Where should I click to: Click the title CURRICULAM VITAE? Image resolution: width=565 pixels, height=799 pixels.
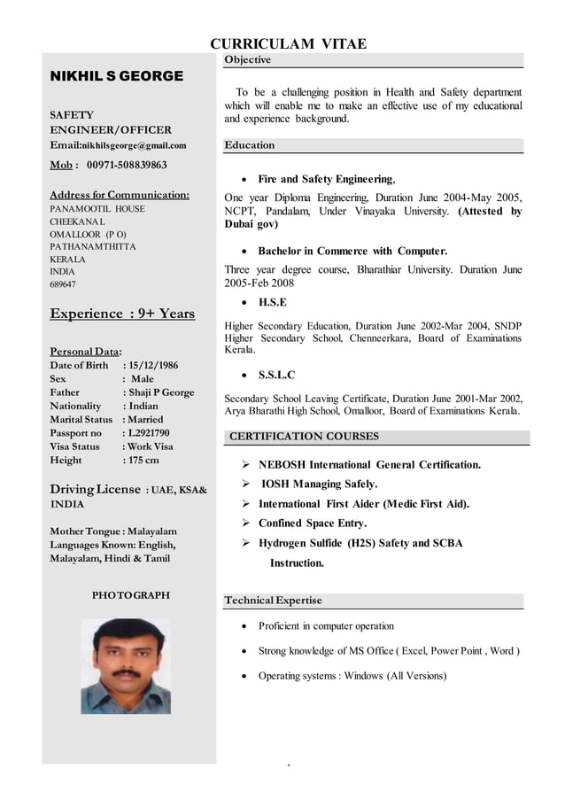tap(288, 44)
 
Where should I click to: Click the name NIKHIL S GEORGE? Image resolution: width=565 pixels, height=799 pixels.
tap(117, 76)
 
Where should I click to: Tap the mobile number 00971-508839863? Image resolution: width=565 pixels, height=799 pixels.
tap(127, 165)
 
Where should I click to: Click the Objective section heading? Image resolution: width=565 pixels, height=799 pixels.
tap(248, 60)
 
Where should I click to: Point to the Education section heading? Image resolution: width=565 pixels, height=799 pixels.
tap(250, 145)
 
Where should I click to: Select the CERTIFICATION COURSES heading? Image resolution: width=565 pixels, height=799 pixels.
tap(304, 437)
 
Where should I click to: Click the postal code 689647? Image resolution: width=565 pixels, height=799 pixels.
tap(63, 285)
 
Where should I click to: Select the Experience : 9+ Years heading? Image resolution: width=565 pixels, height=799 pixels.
tap(122, 314)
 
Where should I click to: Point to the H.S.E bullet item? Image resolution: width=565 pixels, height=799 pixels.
tap(272, 302)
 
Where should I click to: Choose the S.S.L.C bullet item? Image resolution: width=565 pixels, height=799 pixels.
tap(276, 375)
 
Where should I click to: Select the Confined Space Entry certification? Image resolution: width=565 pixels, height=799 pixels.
tap(312, 524)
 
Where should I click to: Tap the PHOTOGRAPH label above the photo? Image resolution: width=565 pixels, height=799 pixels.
tap(131, 595)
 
